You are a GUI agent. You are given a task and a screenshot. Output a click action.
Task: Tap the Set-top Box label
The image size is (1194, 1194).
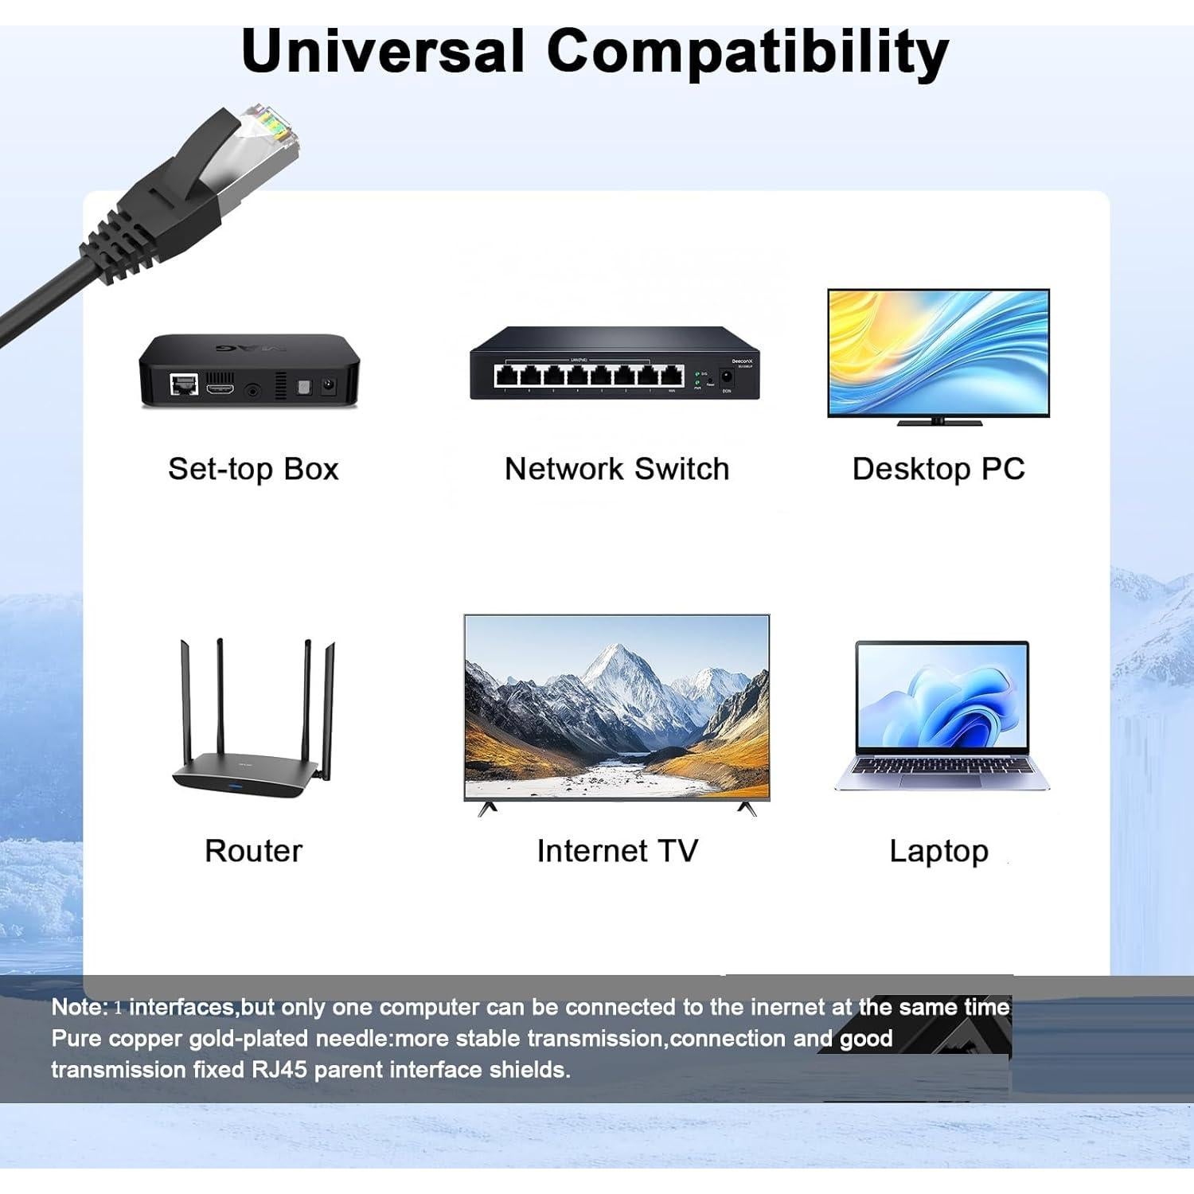click(253, 469)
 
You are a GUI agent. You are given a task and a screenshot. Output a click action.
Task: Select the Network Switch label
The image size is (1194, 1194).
click(617, 469)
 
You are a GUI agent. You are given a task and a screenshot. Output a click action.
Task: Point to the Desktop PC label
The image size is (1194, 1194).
click(938, 469)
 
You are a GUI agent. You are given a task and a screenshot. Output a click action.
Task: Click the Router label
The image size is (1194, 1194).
click(253, 851)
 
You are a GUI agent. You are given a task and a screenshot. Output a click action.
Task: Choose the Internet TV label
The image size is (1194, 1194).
click(617, 851)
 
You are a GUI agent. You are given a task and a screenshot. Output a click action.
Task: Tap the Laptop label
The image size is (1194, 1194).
click(939, 852)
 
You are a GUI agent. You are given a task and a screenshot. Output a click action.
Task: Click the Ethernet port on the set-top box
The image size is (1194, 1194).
click(185, 385)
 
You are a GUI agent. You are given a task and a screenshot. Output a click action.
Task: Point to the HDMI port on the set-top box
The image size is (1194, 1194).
click(220, 389)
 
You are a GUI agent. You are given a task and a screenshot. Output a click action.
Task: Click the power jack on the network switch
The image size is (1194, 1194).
click(726, 377)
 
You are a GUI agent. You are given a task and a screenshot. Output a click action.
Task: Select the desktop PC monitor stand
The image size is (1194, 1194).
click(939, 421)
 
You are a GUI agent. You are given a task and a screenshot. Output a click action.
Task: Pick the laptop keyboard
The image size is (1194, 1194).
click(942, 766)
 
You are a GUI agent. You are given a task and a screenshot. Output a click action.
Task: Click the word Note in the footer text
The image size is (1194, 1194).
click(76, 1007)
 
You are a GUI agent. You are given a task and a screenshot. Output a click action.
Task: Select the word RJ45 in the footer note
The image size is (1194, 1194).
click(279, 1069)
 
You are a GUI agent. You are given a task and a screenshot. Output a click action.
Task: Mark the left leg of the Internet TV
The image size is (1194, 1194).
click(487, 809)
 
